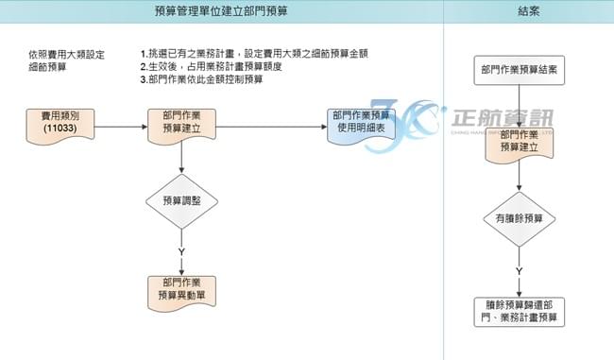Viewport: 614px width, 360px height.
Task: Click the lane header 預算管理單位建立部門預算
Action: coord(221,11)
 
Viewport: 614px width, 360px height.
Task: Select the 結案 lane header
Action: coord(528,11)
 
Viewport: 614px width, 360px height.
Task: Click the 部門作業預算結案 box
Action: coord(519,70)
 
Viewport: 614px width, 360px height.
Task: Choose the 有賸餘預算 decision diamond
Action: coord(519,218)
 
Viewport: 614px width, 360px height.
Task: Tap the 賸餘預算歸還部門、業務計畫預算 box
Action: coord(519,312)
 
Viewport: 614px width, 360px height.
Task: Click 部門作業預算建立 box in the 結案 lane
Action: coord(519,141)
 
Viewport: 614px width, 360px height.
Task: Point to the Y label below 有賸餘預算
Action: coord(519,271)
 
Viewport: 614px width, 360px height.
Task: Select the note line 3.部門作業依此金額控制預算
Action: coord(201,80)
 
